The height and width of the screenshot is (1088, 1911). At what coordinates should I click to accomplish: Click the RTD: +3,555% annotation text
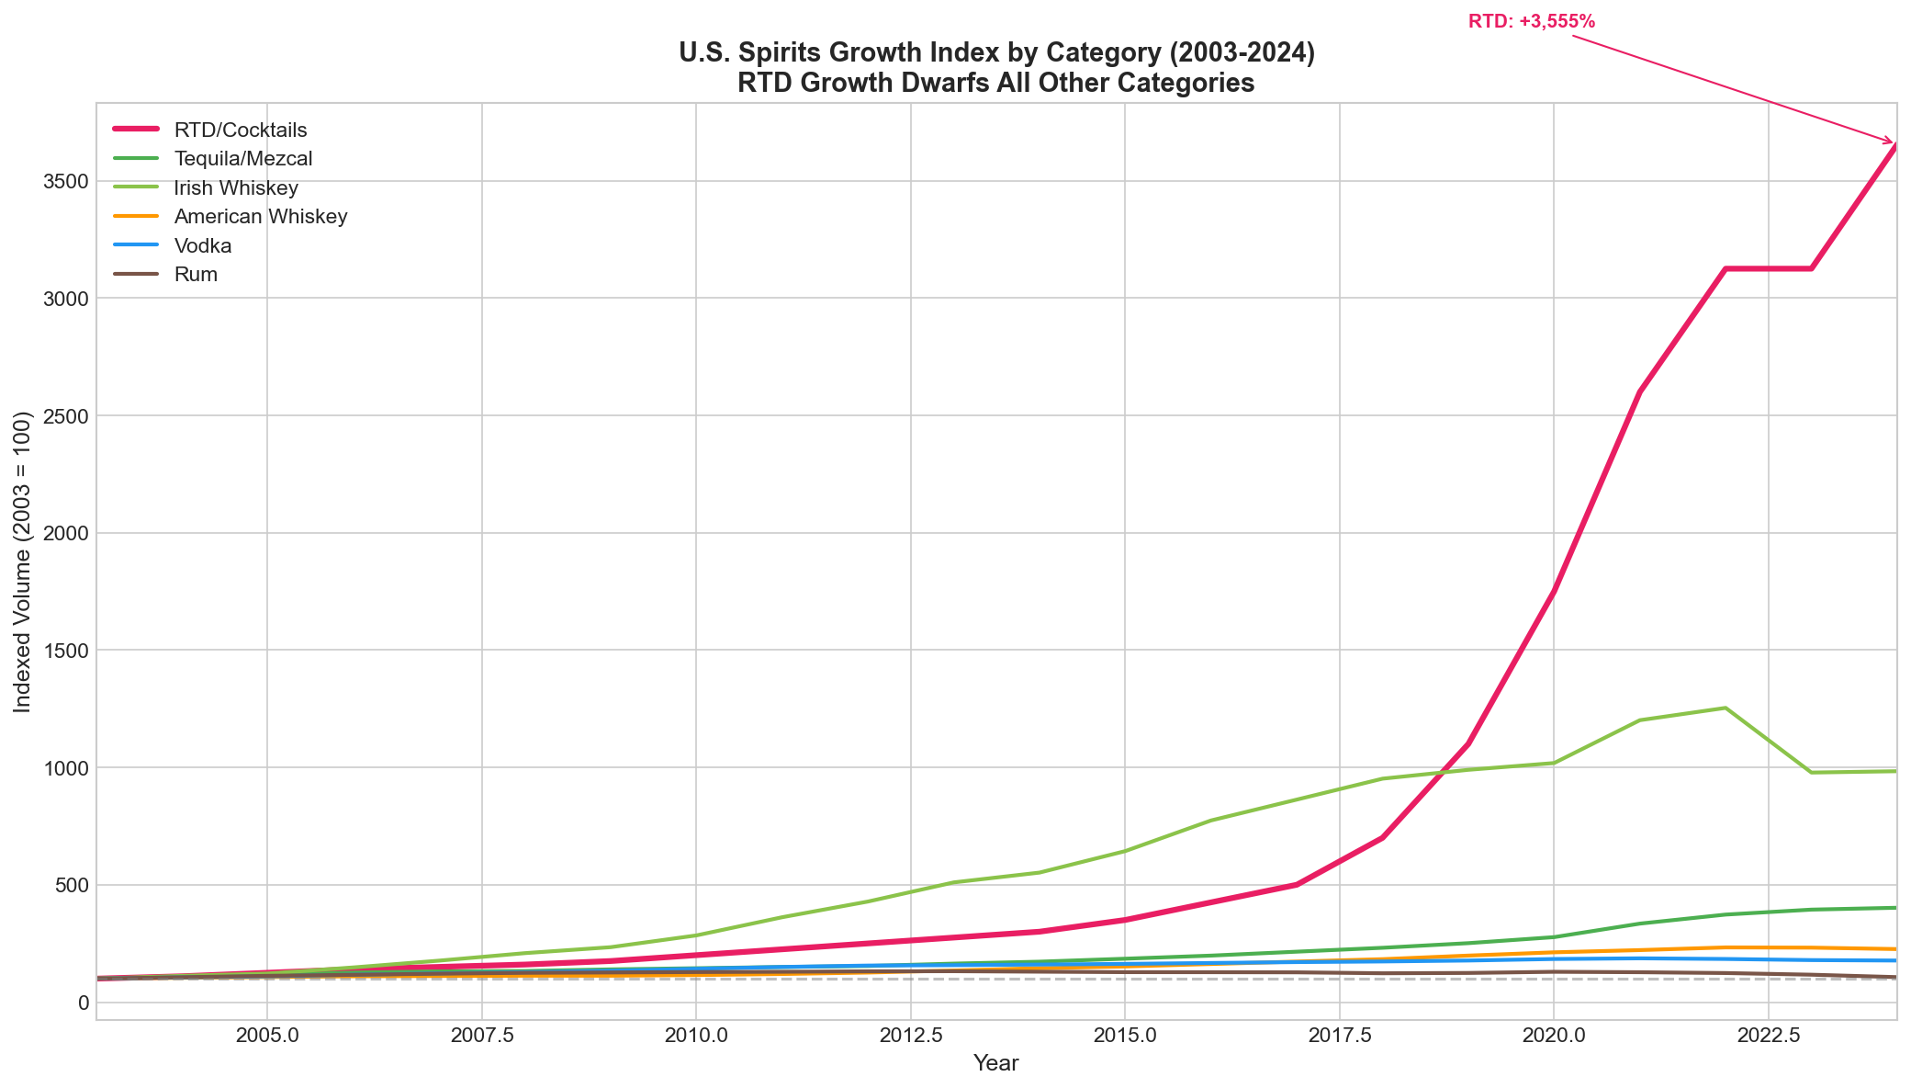tap(1531, 21)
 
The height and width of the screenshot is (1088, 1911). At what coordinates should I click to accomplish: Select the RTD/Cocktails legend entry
tap(240, 130)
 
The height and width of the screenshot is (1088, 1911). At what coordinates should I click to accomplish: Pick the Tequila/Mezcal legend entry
tap(242, 159)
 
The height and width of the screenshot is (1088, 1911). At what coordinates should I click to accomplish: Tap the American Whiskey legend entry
tap(260, 217)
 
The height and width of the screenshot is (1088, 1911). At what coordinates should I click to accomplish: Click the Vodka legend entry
tap(202, 246)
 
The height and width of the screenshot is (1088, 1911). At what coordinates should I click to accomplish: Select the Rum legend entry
tap(195, 275)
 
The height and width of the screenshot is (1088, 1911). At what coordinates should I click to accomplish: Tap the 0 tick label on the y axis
tap(84, 1003)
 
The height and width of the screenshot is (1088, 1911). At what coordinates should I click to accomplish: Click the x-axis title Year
tap(995, 1064)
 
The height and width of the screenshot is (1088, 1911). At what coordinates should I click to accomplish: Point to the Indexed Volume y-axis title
tap(23, 561)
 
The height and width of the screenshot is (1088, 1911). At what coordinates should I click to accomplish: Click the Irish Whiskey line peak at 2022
tap(1725, 708)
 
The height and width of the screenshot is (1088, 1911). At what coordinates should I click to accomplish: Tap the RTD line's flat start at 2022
tap(1725, 268)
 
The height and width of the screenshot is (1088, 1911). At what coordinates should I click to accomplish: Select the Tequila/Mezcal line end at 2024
tap(1894, 908)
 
